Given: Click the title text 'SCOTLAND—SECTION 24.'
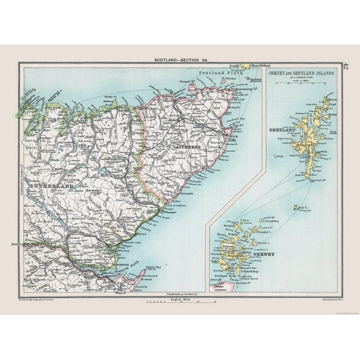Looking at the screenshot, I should point(180,59).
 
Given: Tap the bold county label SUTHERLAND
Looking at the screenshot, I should point(49,186).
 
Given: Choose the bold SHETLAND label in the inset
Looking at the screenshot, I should point(281,130).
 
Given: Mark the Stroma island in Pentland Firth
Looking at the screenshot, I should point(240,86).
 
